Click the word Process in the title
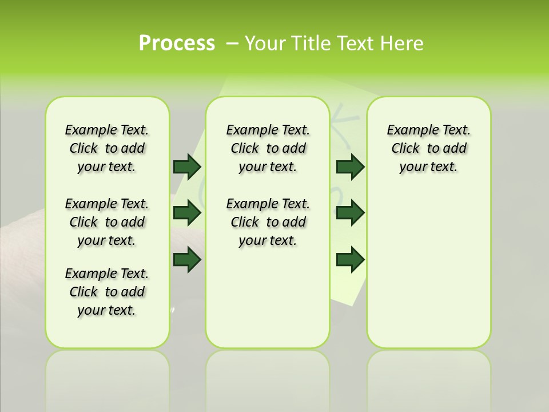(x=177, y=43)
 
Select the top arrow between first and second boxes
(x=187, y=167)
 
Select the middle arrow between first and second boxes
(x=187, y=213)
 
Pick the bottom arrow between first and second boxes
(x=187, y=260)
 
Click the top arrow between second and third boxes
(x=350, y=167)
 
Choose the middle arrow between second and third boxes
(x=350, y=213)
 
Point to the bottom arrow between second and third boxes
(x=350, y=260)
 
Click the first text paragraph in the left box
(x=107, y=148)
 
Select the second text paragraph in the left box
(x=107, y=222)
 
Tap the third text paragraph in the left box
(x=107, y=292)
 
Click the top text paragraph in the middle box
(x=268, y=148)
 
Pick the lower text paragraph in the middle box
(x=268, y=222)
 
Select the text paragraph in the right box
(x=428, y=148)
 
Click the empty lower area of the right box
(x=428, y=269)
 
